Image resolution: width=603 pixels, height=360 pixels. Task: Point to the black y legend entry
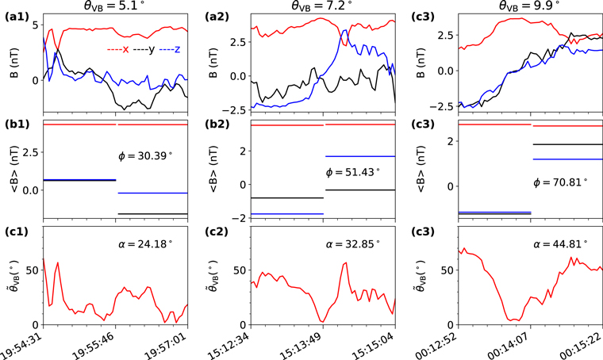pyautogui.click(x=144, y=50)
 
